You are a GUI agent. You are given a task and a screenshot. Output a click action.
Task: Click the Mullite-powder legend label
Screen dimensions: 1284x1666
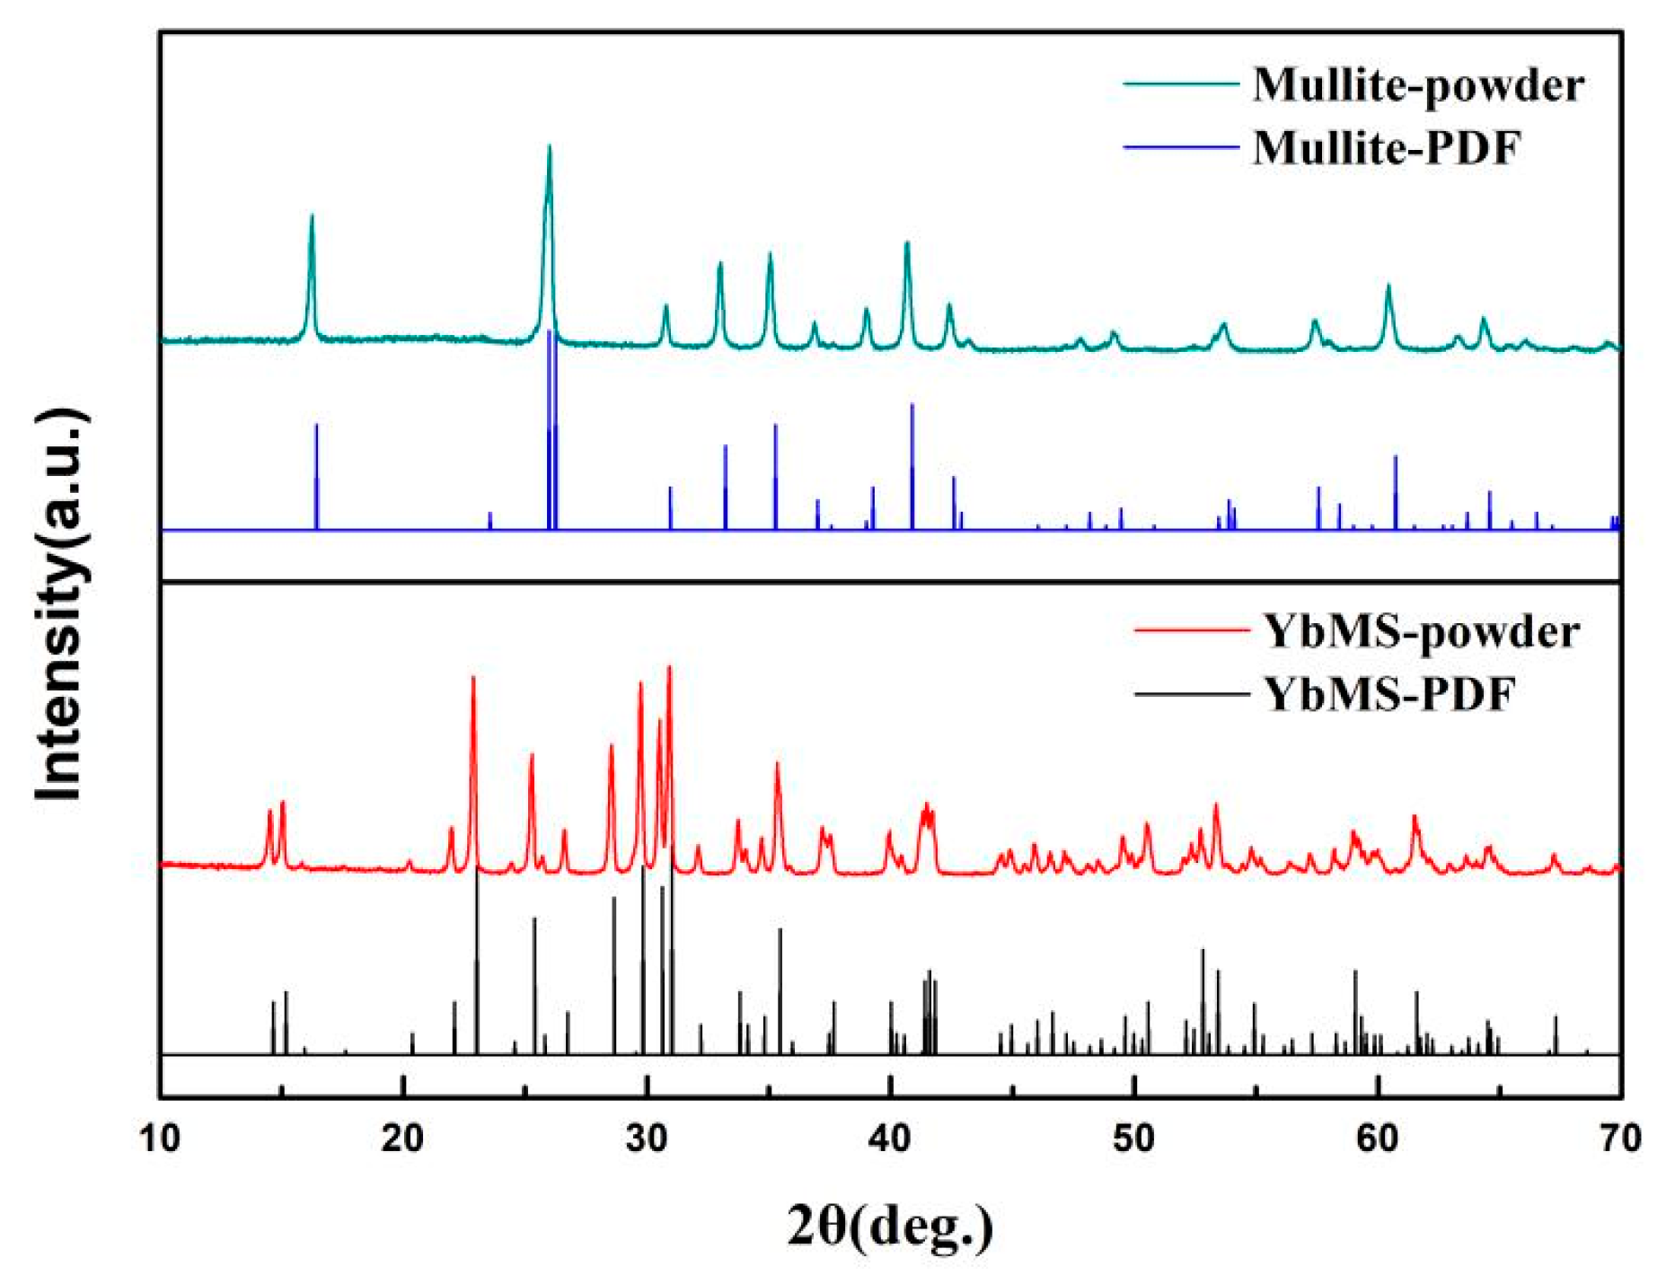(x=1417, y=86)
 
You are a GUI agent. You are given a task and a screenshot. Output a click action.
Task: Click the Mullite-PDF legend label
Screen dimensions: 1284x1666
(x=1386, y=148)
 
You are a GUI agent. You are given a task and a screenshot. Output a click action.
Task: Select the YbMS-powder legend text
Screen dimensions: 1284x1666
(x=1420, y=632)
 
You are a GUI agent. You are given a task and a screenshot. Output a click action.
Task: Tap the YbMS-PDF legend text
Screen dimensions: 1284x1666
(x=1388, y=694)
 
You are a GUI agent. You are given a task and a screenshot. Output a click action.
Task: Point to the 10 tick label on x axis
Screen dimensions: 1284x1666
(x=160, y=1139)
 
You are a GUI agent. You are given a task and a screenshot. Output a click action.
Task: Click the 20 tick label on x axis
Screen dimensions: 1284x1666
(x=402, y=1139)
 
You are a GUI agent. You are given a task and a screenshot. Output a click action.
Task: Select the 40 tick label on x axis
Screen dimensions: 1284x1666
(x=889, y=1139)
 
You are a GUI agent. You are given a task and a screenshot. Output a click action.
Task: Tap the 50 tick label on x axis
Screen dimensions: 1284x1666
(x=1133, y=1139)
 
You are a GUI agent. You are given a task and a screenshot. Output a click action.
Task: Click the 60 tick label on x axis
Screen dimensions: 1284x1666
(x=1377, y=1139)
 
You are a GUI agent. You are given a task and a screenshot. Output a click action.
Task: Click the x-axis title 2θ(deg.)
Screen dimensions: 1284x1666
(x=890, y=1227)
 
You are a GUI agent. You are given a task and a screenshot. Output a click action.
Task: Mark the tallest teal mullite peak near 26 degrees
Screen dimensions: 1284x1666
(x=549, y=149)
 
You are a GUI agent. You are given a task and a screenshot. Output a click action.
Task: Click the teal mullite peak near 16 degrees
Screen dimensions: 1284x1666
(x=312, y=217)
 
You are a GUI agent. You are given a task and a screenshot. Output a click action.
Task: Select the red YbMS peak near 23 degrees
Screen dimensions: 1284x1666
(x=473, y=680)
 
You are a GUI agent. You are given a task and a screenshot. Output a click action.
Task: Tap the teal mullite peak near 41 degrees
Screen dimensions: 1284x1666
(x=906, y=244)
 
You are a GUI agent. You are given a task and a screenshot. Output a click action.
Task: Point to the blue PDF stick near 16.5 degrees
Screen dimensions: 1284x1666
(x=316, y=476)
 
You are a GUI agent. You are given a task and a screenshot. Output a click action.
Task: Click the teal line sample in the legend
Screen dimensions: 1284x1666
(x=1180, y=84)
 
